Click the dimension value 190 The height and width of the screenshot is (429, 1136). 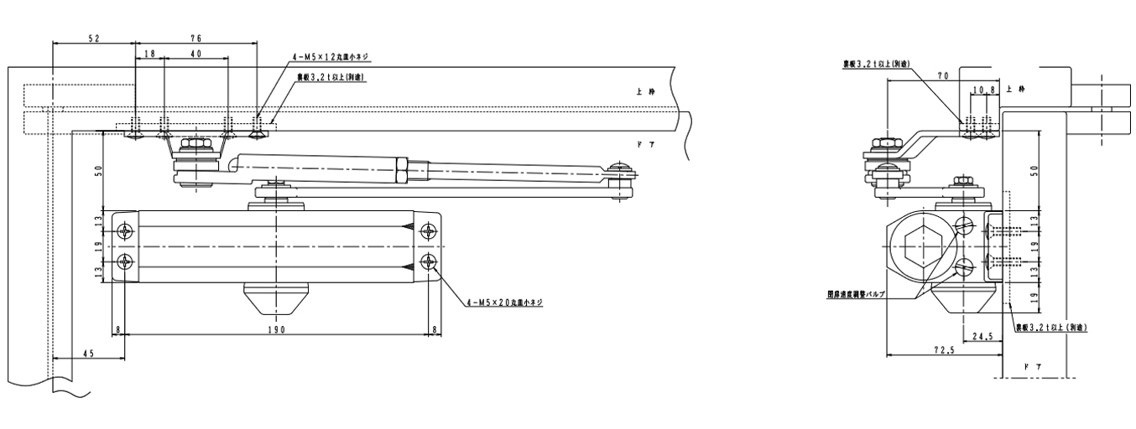pos(278,330)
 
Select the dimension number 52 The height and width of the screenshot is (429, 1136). pos(94,39)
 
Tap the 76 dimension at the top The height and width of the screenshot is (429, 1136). pos(195,39)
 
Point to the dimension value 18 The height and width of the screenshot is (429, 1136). pos(150,54)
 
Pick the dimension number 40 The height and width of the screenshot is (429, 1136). pos(195,54)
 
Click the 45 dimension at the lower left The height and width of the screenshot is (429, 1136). pos(88,354)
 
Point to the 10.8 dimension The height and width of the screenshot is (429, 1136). pos(984,89)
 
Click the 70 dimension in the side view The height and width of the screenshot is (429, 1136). pos(943,76)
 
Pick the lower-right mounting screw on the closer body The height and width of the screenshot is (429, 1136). pos(430,261)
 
